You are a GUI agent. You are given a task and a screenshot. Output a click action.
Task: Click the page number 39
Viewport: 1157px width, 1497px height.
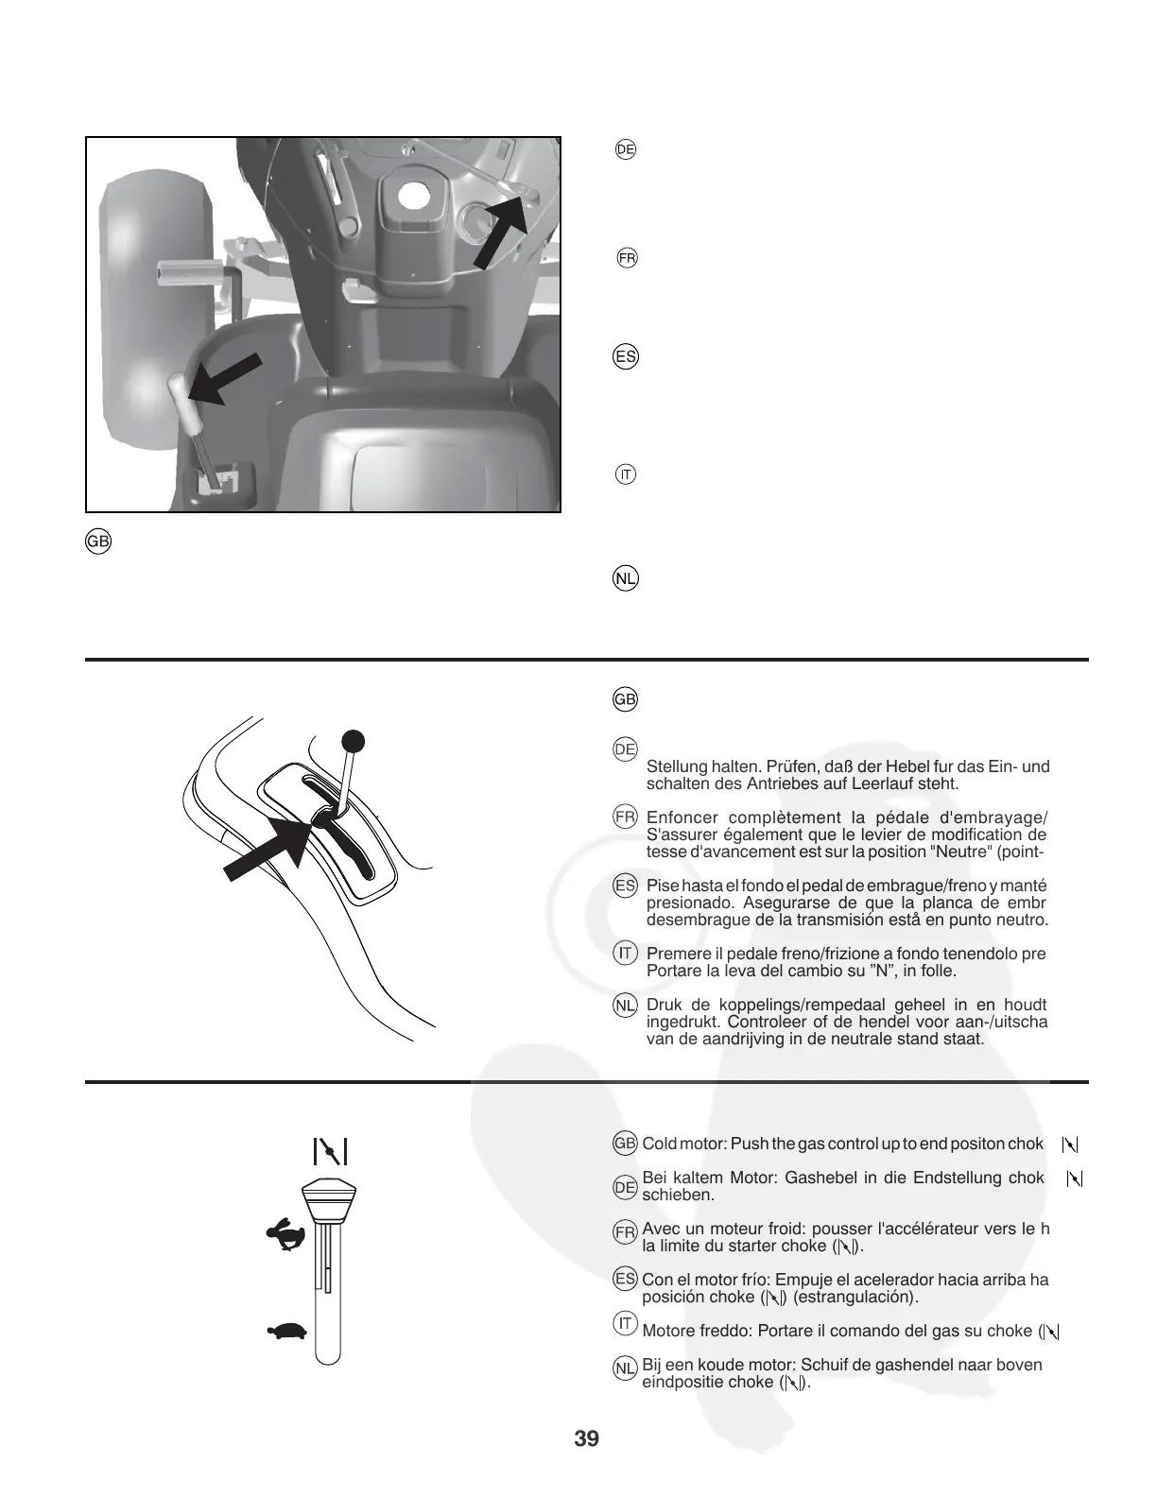pyautogui.click(x=586, y=1439)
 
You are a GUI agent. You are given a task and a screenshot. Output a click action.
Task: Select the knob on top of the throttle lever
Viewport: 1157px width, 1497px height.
pyautogui.click(x=329, y=1198)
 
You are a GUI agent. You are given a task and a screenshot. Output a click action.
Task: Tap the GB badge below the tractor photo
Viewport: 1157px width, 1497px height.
pyautogui.click(x=98, y=542)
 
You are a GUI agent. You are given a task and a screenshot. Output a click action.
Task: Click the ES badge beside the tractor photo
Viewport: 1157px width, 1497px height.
pyautogui.click(x=626, y=357)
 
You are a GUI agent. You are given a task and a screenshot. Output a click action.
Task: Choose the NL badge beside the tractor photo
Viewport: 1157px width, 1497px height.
pyautogui.click(x=626, y=578)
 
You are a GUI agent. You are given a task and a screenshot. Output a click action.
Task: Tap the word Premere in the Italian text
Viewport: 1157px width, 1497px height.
pyautogui.click(x=674, y=954)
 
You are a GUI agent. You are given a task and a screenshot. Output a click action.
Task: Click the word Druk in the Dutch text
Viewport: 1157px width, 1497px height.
pyautogui.click(x=664, y=1005)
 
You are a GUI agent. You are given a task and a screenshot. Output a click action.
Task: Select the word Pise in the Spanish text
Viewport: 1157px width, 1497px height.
pyautogui.click(x=662, y=886)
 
